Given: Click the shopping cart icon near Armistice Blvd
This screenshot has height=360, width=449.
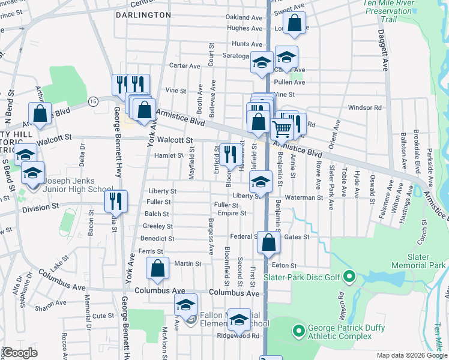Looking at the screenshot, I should point(282,128).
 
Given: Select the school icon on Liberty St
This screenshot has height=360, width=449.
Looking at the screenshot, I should point(261,181).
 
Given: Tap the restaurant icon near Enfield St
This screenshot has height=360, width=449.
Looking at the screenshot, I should point(229,154).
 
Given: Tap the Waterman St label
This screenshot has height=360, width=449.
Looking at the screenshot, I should point(304,197).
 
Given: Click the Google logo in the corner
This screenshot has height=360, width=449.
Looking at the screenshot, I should point(20,352).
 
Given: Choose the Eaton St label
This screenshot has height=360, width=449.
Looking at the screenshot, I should point(285,265).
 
